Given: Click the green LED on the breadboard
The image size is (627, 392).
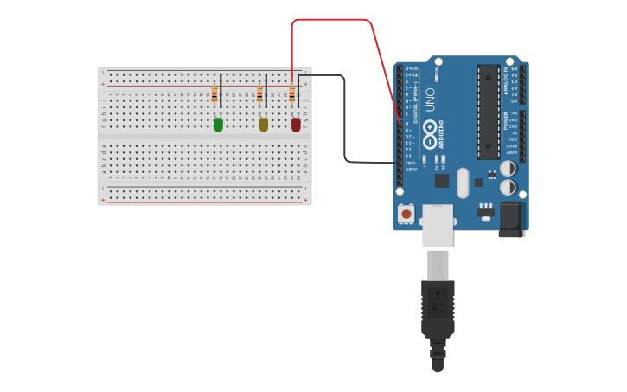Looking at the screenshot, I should click(218, 125).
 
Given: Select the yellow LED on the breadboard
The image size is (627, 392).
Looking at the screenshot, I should click(264, 125).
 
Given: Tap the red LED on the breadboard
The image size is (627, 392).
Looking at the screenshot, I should click(296, 125).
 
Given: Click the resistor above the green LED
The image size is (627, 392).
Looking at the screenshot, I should click(214, 95).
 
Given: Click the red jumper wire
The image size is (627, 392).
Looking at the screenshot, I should click(333, 20).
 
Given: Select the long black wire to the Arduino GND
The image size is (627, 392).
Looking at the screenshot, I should click(345, 121).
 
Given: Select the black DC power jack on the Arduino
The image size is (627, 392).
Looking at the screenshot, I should click(511, 219).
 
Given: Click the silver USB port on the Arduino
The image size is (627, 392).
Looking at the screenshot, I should click(438, 226).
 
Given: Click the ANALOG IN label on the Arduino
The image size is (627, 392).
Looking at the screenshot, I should click(506, 83).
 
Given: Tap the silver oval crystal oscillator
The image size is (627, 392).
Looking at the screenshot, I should click(463, 183).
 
